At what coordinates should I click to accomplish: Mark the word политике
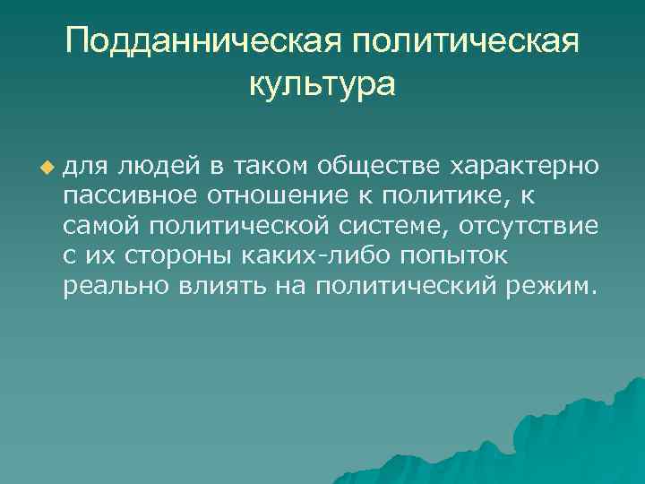click(426, 196)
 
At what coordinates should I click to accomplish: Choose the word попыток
click(451, 257)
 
